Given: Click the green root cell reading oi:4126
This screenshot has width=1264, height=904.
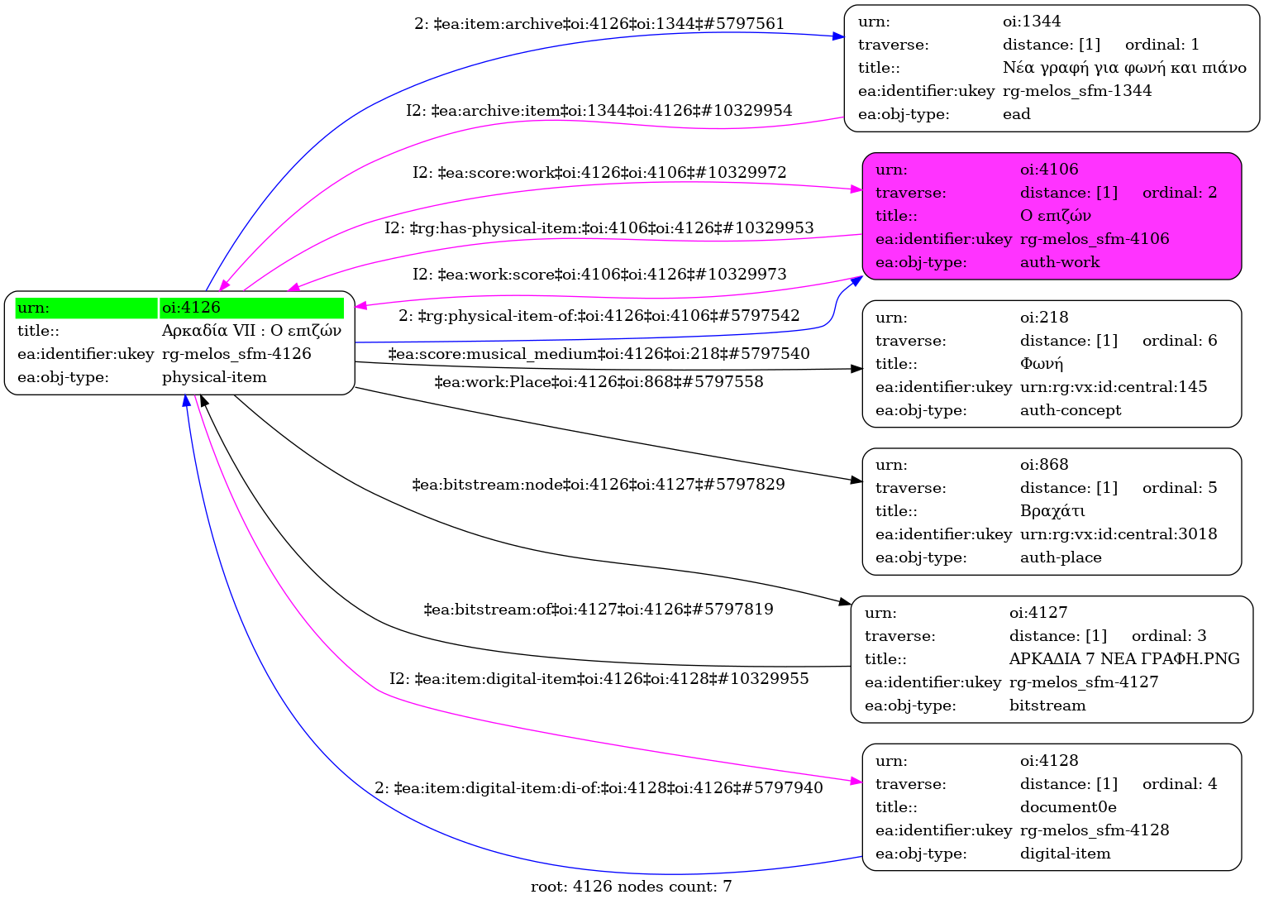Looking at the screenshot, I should coord(251,308).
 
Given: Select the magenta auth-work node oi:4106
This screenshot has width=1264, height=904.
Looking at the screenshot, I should coord(1052,216).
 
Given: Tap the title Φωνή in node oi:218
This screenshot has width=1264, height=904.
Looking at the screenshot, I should coord(1042,364).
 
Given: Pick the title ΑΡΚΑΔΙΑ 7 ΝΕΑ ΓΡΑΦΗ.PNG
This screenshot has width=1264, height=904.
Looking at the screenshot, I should coord(1124,659).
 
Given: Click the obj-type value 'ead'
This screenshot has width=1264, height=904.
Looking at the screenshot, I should coord(1016,114).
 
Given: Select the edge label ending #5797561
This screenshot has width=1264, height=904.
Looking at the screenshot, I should coord(599,24).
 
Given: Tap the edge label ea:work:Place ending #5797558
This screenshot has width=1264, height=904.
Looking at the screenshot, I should coord(599,382).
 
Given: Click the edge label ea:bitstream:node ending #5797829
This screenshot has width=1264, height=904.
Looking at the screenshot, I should coord(599,484).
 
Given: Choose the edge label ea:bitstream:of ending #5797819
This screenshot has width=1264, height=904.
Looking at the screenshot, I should coord(599,610).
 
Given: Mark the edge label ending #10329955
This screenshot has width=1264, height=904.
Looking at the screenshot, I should coord(599,679).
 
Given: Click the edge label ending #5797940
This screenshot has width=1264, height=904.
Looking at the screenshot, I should coord(599,788).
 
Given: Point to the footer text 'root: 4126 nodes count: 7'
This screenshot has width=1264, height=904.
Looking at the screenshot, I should coord(631,887).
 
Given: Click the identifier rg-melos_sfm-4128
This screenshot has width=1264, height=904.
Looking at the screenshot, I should coord(1095,830).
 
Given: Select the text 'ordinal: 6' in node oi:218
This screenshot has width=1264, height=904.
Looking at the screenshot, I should coord(1180,341).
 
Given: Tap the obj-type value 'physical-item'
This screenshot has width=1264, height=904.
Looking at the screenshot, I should coord(214,377).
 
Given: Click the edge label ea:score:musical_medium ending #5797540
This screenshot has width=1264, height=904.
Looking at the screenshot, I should coord(599,354).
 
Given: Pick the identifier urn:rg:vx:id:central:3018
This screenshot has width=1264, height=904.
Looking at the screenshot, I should coord(1119,534).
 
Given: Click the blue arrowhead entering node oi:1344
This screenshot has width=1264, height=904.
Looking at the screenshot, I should coord(838,36).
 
